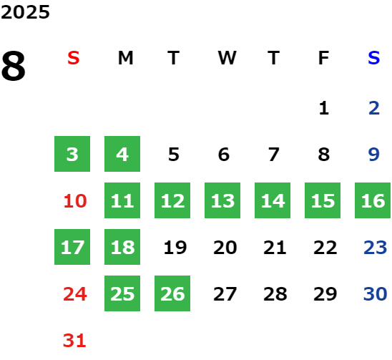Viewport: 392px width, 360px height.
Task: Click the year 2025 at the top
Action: click(25, 12)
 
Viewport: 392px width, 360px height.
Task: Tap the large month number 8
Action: click(14, 66)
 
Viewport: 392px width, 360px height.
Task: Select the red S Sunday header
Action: click(74, 58)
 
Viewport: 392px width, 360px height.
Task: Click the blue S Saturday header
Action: click(373, 58)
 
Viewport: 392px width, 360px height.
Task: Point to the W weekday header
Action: click(227, 58)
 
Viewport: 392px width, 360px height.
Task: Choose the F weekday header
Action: click(323, 58)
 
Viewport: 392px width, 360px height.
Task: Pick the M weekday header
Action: click(125, 58)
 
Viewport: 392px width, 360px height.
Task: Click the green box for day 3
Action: click(72, 154)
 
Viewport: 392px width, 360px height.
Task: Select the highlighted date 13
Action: click(222, 200)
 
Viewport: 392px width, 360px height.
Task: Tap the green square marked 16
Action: click(373, 200)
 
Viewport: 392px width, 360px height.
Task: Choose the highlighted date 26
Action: click(172, 293)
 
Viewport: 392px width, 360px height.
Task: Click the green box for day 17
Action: click(72, 247)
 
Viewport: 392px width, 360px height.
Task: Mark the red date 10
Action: click(75, 201)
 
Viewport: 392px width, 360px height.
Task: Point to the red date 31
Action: click(74, 341)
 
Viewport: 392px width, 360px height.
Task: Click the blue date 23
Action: click(376, 248)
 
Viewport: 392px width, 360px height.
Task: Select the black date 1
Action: click(324, 108)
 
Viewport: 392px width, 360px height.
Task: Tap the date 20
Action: click(225, 248)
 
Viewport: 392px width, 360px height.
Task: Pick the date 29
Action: click(325, 294)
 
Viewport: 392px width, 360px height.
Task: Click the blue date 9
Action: click(373, 155)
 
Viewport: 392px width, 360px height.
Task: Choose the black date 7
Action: click(274, 155)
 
